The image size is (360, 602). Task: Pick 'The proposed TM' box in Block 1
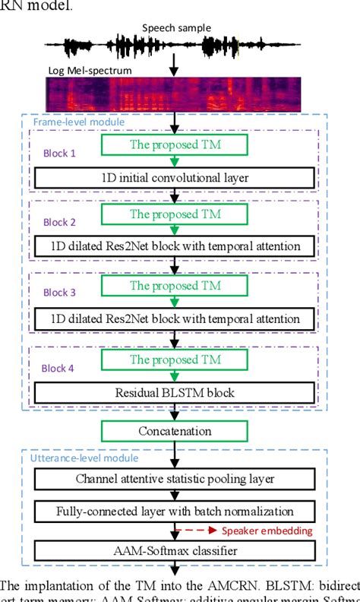point(175,143)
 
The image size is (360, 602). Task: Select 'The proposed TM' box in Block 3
point(175,286)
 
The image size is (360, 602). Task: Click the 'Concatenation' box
point(175,431)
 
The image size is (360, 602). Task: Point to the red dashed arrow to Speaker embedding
point(196,530)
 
